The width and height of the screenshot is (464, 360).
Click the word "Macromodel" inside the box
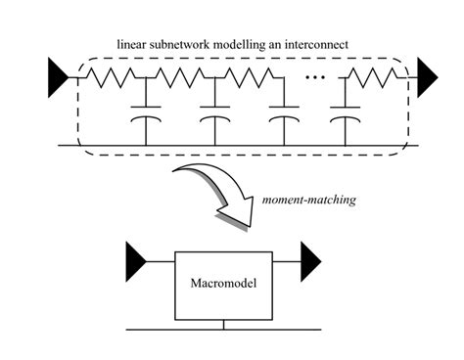click(224, 286)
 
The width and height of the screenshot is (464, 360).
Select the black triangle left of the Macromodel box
click(136, 259)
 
